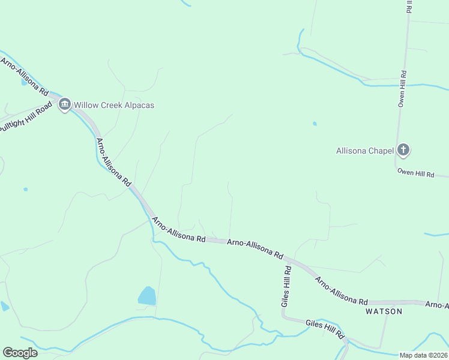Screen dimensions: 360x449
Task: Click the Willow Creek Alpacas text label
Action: coord(114,105)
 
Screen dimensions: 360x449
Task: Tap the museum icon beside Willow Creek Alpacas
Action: coord(64,105)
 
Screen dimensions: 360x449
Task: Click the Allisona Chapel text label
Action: coord(364,151)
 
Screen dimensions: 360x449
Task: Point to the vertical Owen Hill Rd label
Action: coord(403,89)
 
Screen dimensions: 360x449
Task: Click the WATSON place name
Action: coord(384,311)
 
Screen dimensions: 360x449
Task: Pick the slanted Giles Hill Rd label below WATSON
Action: coord(324,328)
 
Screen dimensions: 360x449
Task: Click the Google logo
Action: coord(20,353)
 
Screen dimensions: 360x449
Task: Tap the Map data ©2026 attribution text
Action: coord(424,355)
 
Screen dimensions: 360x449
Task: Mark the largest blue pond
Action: coord(147,296)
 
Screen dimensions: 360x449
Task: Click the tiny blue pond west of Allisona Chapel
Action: coord(315,124)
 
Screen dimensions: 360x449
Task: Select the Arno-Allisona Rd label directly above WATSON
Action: coord(341,292)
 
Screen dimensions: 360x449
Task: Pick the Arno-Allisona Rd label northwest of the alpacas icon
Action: coord(24,76)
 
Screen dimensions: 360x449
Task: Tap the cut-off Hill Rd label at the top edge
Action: coord(409,6)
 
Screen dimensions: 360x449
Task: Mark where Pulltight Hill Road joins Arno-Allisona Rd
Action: coord(58,98)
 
